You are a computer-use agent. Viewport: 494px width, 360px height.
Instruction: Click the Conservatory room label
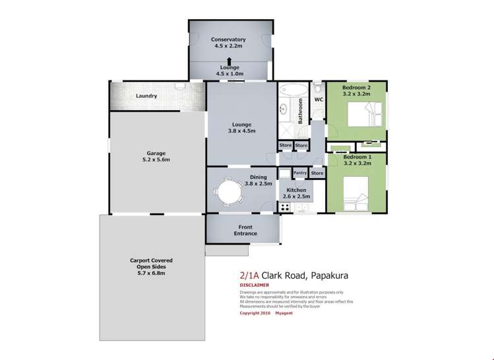pos(229,42)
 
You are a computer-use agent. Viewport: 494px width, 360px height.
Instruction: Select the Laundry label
pos(146,96)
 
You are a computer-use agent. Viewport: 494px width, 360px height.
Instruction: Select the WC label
pos(318,100)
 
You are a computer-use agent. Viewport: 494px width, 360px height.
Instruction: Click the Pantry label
pos(301,173)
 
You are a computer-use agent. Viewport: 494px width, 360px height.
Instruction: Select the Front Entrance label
pos(245,230)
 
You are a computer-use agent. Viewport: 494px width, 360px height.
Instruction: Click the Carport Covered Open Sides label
pos(151,267)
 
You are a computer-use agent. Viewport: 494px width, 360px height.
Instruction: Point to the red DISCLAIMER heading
pos(254,285)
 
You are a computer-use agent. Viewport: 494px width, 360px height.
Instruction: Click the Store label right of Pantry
pos(317,173)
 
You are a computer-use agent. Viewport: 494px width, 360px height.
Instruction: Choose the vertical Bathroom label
pos(300,111)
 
